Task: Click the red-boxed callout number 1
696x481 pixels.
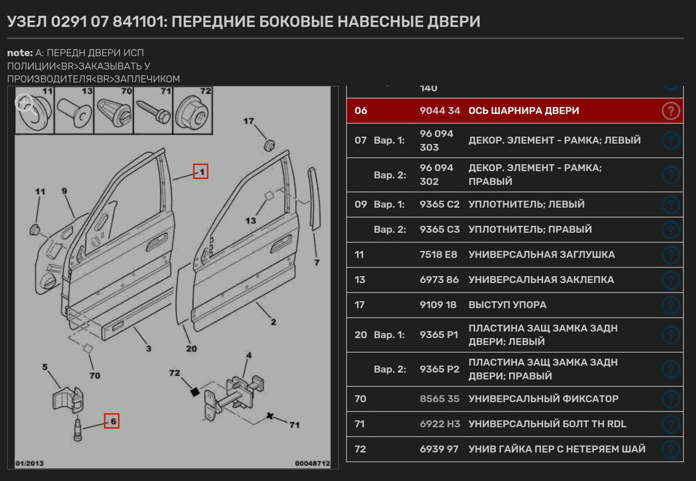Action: point(200,171)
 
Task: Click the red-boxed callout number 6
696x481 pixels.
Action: point(112,421)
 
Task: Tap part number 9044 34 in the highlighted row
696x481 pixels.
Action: point(440,110)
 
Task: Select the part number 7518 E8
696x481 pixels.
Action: point(438,255)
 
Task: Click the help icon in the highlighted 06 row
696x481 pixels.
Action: point(671,111)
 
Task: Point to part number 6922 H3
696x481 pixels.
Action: point(440,424)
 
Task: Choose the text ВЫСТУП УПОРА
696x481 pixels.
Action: point(507,305)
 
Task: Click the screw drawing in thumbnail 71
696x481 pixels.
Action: point(153,111)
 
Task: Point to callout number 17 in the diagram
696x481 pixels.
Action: point(248,121)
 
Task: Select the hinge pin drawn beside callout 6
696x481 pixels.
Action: point(78,430)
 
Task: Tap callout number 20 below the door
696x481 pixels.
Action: point(191,348)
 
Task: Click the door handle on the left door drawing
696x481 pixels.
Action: point(157,242)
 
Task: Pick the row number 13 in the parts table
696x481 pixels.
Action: point(360,280)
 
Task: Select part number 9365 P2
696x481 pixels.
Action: point(439,369)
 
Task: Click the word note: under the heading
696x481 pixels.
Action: point(20,53)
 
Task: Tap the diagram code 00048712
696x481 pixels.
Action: point(312,463)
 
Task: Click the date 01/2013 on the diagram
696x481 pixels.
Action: point(29,463)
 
